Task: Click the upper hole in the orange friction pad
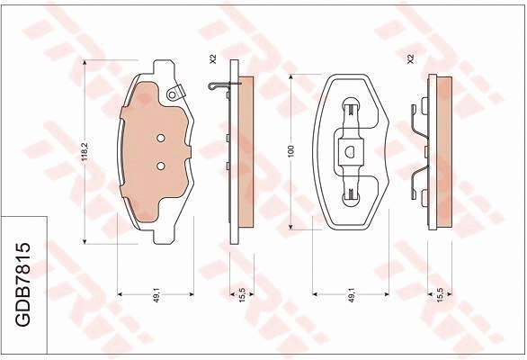click(x=160, y=139)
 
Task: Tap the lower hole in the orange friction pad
click(x=160, y=166)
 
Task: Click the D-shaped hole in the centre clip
click(x=349, y=150)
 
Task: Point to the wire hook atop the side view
click(x=218, y=87)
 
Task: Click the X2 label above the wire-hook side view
click(x=213, y=59)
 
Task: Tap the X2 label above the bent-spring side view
click(x=409, y=59)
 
